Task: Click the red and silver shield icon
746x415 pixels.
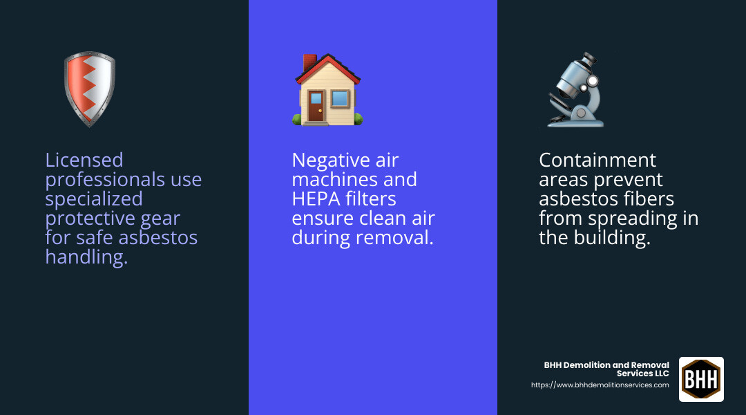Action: click(89, 89)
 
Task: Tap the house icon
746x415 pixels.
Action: click(327, 90)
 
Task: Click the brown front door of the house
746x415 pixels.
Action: click(316, 107)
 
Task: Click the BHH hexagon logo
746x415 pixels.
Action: click(701, 379)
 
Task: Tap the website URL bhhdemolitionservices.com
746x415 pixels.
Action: click(600, 385)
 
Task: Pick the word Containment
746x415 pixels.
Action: click(597, 160)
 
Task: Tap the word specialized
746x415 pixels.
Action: click(94, 199)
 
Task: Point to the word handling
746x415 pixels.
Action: click(86, 257)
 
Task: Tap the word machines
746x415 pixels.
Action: click(331, 180)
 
